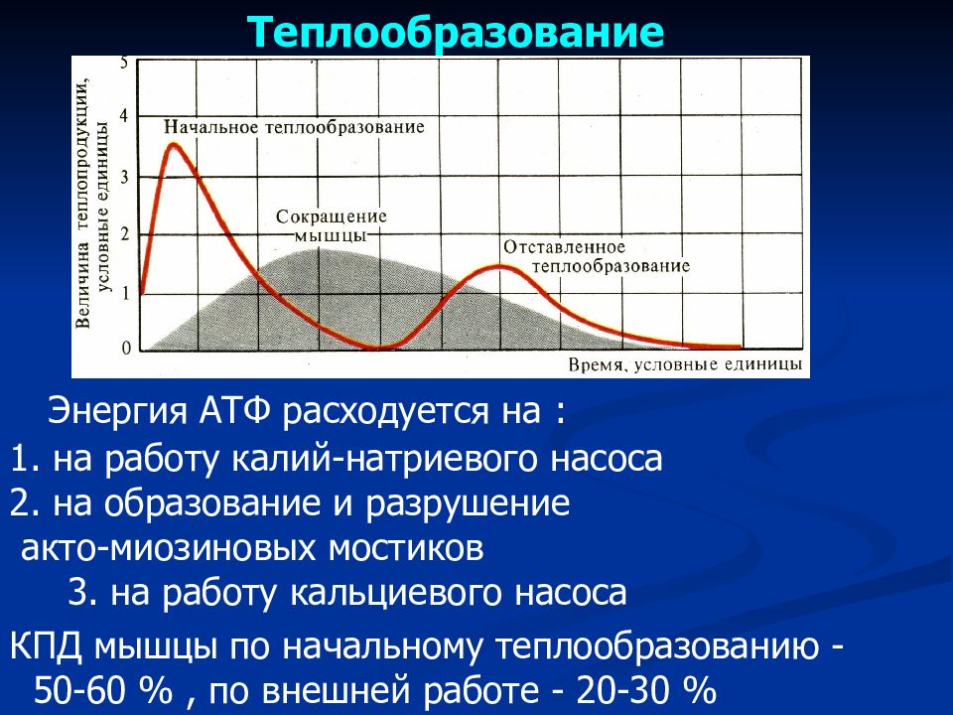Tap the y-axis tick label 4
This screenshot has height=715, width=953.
(x=125, y=116)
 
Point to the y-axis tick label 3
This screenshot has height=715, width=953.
(x=125, y=177)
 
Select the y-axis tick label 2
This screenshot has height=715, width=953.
(x=125, y=234)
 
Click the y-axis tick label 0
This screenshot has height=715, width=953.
(x=126, y=349)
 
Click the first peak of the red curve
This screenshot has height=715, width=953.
(x=175, y=145)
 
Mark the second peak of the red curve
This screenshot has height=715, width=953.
(x=499, y=266)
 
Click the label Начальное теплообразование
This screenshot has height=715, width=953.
(x=294, y=127)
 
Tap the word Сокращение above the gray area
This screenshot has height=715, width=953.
(x=332, y=216)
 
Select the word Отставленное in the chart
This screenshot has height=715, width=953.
(x=564, y=247)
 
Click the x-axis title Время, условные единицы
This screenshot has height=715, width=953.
(x=685, y=364)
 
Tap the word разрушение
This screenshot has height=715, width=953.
(x=468, y=504)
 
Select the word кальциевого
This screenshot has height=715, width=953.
(x=396, y=594)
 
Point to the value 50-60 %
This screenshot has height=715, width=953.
(x=103, y=690)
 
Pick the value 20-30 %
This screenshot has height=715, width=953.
(x=646, y=690)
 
